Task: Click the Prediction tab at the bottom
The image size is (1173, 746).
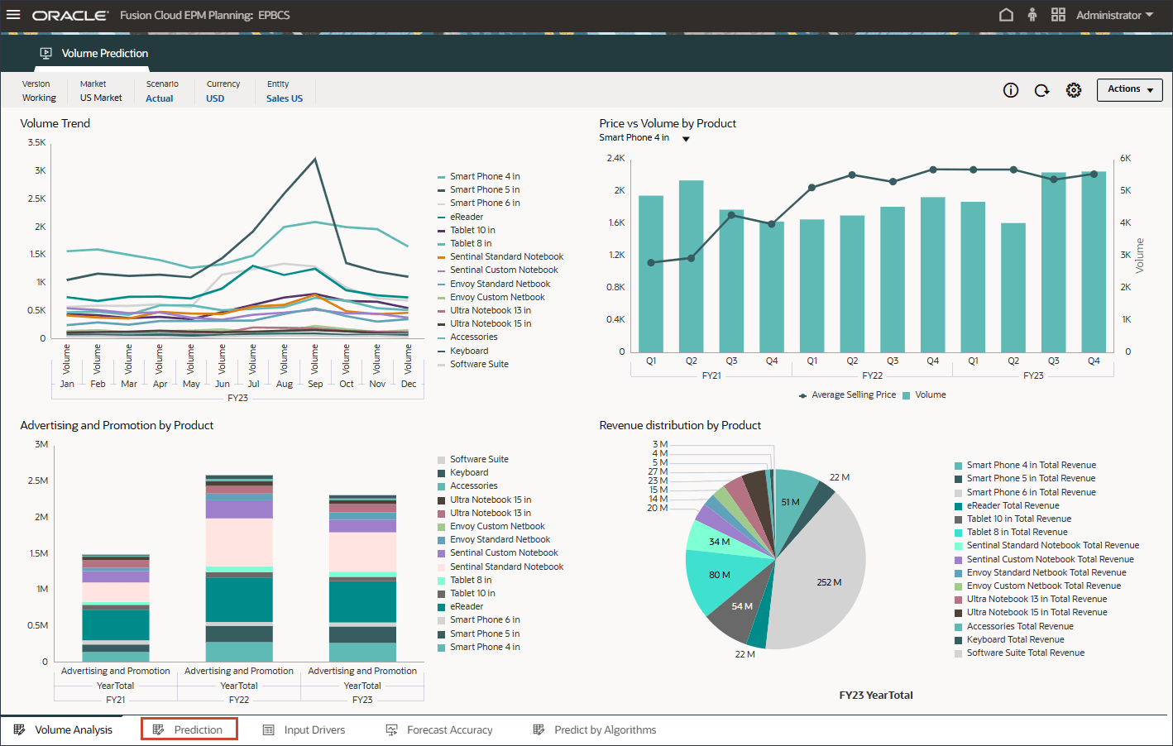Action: [x=189, y=729]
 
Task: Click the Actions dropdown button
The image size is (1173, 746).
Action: [x=1129, y=89]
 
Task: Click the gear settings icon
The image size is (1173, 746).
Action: [x=1074, y=90]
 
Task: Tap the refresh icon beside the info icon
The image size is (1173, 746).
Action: [x=1042, y=90]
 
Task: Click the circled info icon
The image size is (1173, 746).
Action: [x=1011, y=90]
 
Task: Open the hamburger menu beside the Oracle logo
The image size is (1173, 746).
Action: [x=13, y=15]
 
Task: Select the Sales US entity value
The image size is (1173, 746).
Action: [x=285, y=98]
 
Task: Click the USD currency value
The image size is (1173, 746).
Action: [x=215, y=98]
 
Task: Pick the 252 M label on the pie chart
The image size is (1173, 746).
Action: [x=829, y=582]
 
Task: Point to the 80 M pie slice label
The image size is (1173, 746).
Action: [x=719, y=575]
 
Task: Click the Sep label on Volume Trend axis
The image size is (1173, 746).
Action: [x=315, y=384]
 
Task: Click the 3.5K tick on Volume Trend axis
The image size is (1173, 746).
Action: [x=37, y=142]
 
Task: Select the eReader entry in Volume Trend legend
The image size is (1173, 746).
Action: [x=467, y=217]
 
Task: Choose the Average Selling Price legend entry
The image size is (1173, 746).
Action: [x=853, y=395]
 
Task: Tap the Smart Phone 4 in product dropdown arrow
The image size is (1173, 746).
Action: [x=686, y=139]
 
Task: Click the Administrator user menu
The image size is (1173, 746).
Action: [x=1114, y=15]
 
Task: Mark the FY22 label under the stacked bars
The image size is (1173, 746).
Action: [x=239, y=700]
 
